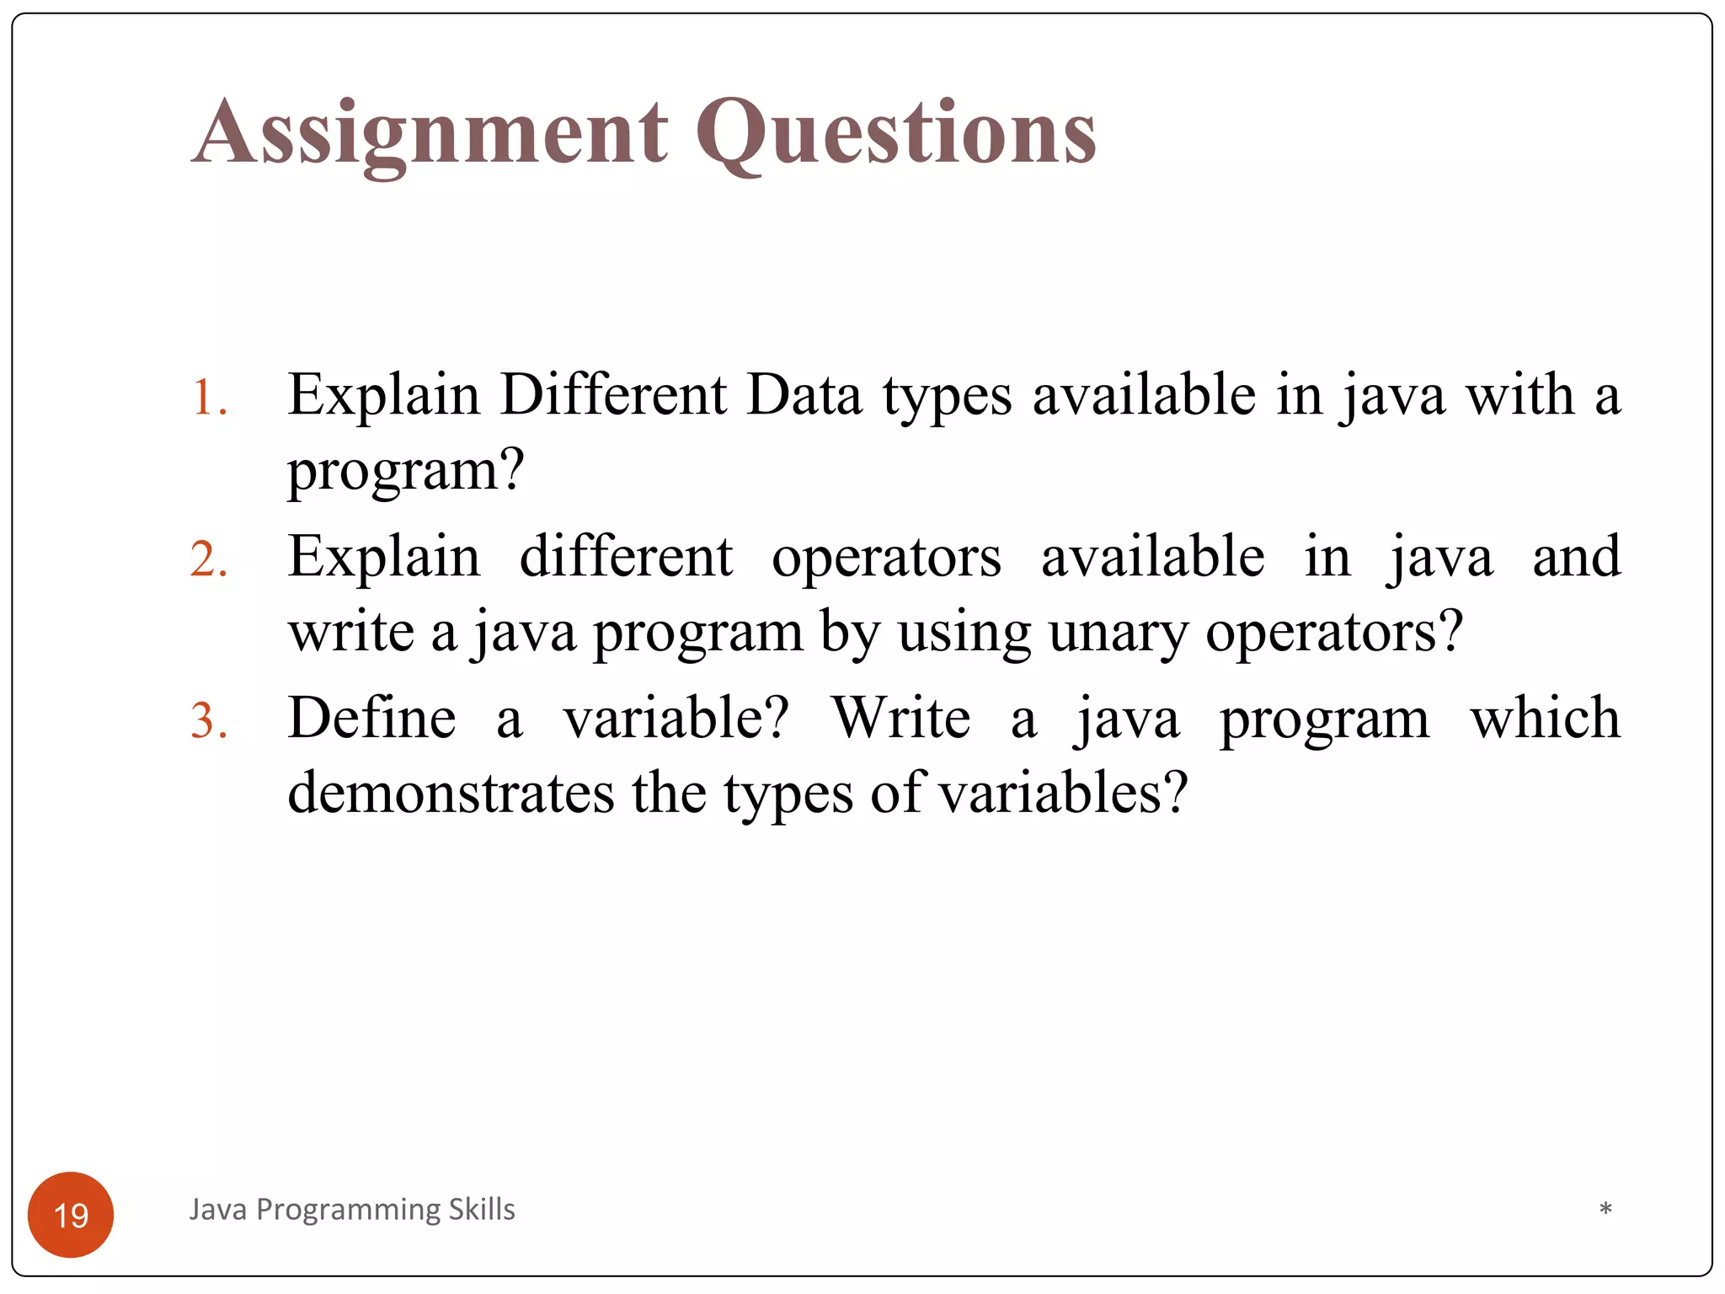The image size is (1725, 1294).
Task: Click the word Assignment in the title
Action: click(430, 133)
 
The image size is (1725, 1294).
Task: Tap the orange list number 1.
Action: click(208, 398)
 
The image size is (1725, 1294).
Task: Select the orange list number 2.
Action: click(208, 559)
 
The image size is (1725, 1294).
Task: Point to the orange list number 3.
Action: click(208, 721)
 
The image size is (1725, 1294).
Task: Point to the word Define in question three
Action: click(371, 718)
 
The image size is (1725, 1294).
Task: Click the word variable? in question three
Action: click(676, 718)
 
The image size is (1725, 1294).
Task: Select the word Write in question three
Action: click(901, 718)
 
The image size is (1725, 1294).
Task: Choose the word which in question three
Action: click(1545, 718)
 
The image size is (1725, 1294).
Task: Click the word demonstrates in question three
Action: click(451, 794)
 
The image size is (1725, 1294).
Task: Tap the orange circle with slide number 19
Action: click(71, 1215)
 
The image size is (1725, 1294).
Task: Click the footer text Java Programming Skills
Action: click(352, 1210)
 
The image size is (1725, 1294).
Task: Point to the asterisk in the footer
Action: click(1605, 1210)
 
